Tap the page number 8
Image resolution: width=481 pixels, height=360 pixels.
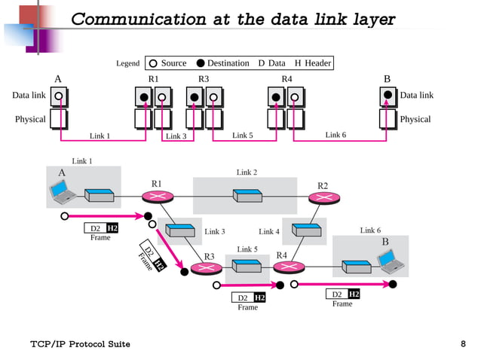[x=463, y=344]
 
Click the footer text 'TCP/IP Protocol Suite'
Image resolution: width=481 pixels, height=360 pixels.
[x=80, y=344]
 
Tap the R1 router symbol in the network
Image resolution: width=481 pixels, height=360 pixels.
[x=157, y=197]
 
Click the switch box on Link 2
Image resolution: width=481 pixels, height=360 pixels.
[x=247, y=196]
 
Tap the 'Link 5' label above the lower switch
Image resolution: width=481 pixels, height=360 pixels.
[x=247, y=249]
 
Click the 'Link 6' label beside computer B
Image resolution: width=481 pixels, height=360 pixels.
[x=370, y=230]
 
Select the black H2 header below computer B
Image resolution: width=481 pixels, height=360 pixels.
[x=354, y=294]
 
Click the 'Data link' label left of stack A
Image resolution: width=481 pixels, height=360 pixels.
[x=29, y=96]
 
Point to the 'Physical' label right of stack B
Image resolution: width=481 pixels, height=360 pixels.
[x=415, y=119]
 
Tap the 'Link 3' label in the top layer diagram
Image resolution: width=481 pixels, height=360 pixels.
[x=176, y=136]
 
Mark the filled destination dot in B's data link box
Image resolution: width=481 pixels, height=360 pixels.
[x=388, y=96]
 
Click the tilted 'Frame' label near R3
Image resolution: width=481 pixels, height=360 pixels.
[x=146, y=261]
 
